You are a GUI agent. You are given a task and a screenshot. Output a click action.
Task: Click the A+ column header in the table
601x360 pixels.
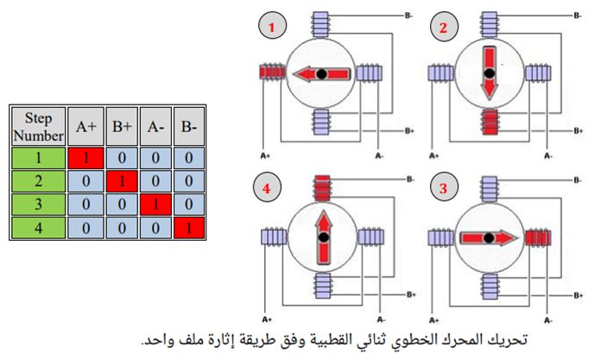pos(85,127)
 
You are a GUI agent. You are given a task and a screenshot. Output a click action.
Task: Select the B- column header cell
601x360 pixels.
pos(189,127)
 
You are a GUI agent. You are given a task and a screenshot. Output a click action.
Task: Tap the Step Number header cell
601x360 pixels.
pos(38,127)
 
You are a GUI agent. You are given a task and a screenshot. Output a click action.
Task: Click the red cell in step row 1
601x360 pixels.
pos(85,158)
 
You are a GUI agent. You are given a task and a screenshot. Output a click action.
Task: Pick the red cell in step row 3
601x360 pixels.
pos(155,204)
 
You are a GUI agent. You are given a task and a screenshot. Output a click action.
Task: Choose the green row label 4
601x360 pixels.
pos(38,228)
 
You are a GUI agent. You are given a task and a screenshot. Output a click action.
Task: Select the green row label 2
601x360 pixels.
pos(38,181)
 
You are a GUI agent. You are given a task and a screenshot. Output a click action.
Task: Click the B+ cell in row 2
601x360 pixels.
pos(122,181)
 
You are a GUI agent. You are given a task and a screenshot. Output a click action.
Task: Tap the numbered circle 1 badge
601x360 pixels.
pos(272,26)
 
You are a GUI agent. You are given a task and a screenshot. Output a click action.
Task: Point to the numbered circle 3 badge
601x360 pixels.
pos(444,186)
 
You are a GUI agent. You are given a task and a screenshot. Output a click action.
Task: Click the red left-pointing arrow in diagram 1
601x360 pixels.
pos(321,73)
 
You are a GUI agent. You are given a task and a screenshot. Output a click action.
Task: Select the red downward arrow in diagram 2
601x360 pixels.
pos(489,73)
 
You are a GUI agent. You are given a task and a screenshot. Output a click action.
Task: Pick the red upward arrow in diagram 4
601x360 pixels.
pos(325,237)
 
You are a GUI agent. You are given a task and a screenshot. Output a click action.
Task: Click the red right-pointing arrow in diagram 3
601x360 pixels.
pos(489,238)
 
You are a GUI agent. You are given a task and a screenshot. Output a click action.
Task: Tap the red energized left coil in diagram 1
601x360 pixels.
pos(273,72)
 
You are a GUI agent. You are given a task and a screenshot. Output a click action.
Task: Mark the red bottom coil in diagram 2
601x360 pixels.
pos(490,122)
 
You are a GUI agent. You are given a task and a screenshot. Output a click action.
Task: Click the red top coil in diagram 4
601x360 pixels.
pos(322,188)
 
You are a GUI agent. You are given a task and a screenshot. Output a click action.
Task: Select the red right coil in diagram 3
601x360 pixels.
pos(538,237)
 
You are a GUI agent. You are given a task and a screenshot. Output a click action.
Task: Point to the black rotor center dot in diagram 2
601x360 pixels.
pos(489,73)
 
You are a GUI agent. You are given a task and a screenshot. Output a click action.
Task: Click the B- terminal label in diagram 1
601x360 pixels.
pos(408,16)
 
